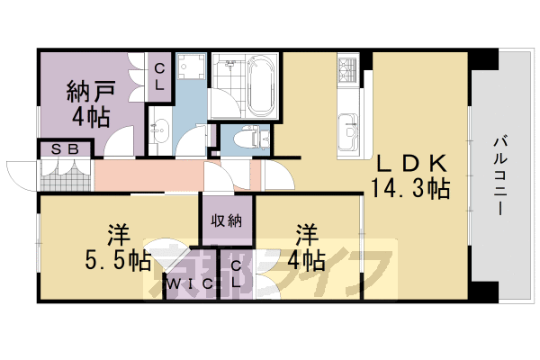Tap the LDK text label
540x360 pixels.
410,164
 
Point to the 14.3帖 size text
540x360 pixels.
410,188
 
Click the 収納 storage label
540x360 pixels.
227,221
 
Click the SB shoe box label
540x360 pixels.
65,149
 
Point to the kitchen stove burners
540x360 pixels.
348,67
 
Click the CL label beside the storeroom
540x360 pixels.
158,76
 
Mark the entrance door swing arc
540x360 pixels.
18,173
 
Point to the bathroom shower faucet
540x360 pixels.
230,66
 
